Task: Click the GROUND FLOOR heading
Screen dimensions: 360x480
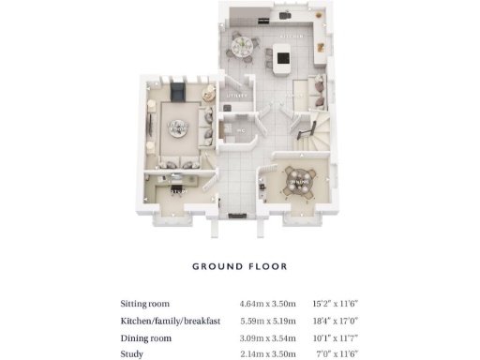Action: (x=239, y=266)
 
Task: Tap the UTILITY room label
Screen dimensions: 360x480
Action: (x=235, y=96)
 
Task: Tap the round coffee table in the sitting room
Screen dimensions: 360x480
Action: (x=175, y=129)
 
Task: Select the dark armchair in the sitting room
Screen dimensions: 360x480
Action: (x=176, y=90)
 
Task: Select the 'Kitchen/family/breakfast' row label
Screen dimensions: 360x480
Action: (x=170, y=321)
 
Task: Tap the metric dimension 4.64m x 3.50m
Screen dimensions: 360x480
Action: (x=268, y=304)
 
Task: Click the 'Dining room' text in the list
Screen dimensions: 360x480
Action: (x=145, y=337)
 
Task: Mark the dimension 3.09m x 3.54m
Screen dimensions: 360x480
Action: (x=268, y=337)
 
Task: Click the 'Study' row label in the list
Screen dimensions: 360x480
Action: (x=131, y=354)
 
